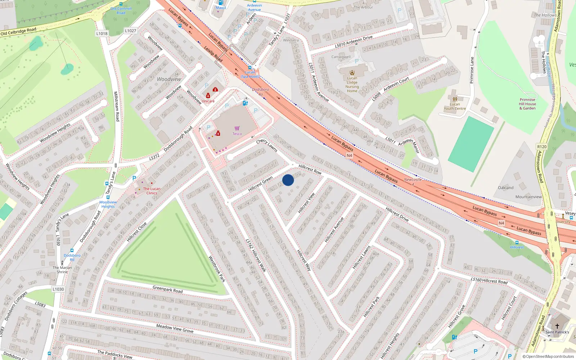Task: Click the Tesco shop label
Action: (x=237, y=134)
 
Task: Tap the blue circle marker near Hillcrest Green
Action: (x=288, y=180)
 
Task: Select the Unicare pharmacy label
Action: (x=208, y=101)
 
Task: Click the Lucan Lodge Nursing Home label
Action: (x=352, y=85)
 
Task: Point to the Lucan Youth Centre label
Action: (x=455, y=106)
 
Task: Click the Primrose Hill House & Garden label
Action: (x=527, y=104)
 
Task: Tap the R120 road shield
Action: (x=542, y=147)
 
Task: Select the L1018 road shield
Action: (x=102, y=33)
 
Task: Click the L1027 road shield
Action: (x=131, y=31)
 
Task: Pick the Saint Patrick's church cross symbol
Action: (x=557, y=326)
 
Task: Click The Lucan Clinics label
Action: (x=152, y=191)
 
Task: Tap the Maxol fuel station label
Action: (x=221, y=8)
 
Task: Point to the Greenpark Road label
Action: (x=167, y=289)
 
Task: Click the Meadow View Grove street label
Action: (x=175, y=328)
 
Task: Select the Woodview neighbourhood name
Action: (x=169, y=79)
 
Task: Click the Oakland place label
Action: (x=505, y=188)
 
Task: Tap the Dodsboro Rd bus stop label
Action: (x=72, y=257)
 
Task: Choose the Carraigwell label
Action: (x=341, y=57)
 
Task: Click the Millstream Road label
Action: (x=116, y=106)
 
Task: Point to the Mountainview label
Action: (x=528, y=197)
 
